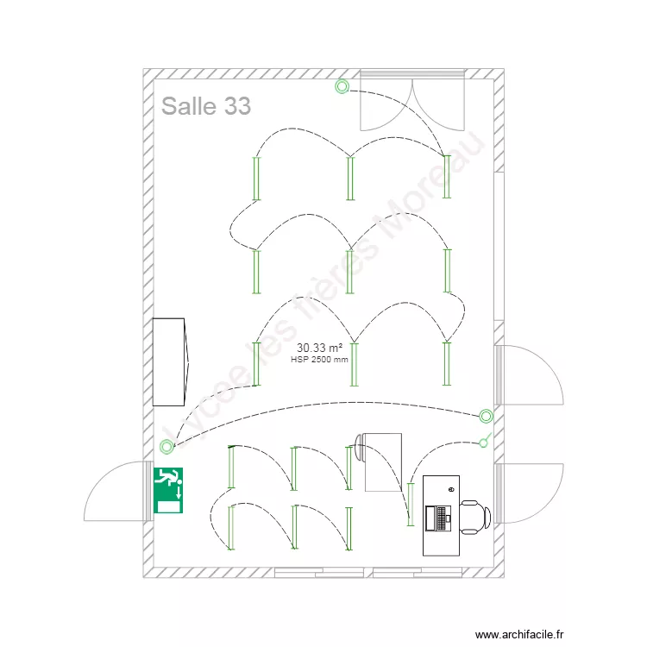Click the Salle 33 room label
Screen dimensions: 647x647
(206, 106)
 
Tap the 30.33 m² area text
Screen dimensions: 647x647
(319, 348)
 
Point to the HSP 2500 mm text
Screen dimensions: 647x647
(320, 360)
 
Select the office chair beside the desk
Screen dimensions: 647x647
(475, 516)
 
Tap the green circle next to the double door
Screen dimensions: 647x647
(342, 85)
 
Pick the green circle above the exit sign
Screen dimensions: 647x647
(166, 446)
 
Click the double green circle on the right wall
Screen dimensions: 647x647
(487, 416)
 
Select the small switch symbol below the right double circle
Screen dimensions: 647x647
(485, 444)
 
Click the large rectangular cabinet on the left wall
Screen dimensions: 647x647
(169, 361)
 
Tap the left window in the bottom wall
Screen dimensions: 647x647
(321, 572)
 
